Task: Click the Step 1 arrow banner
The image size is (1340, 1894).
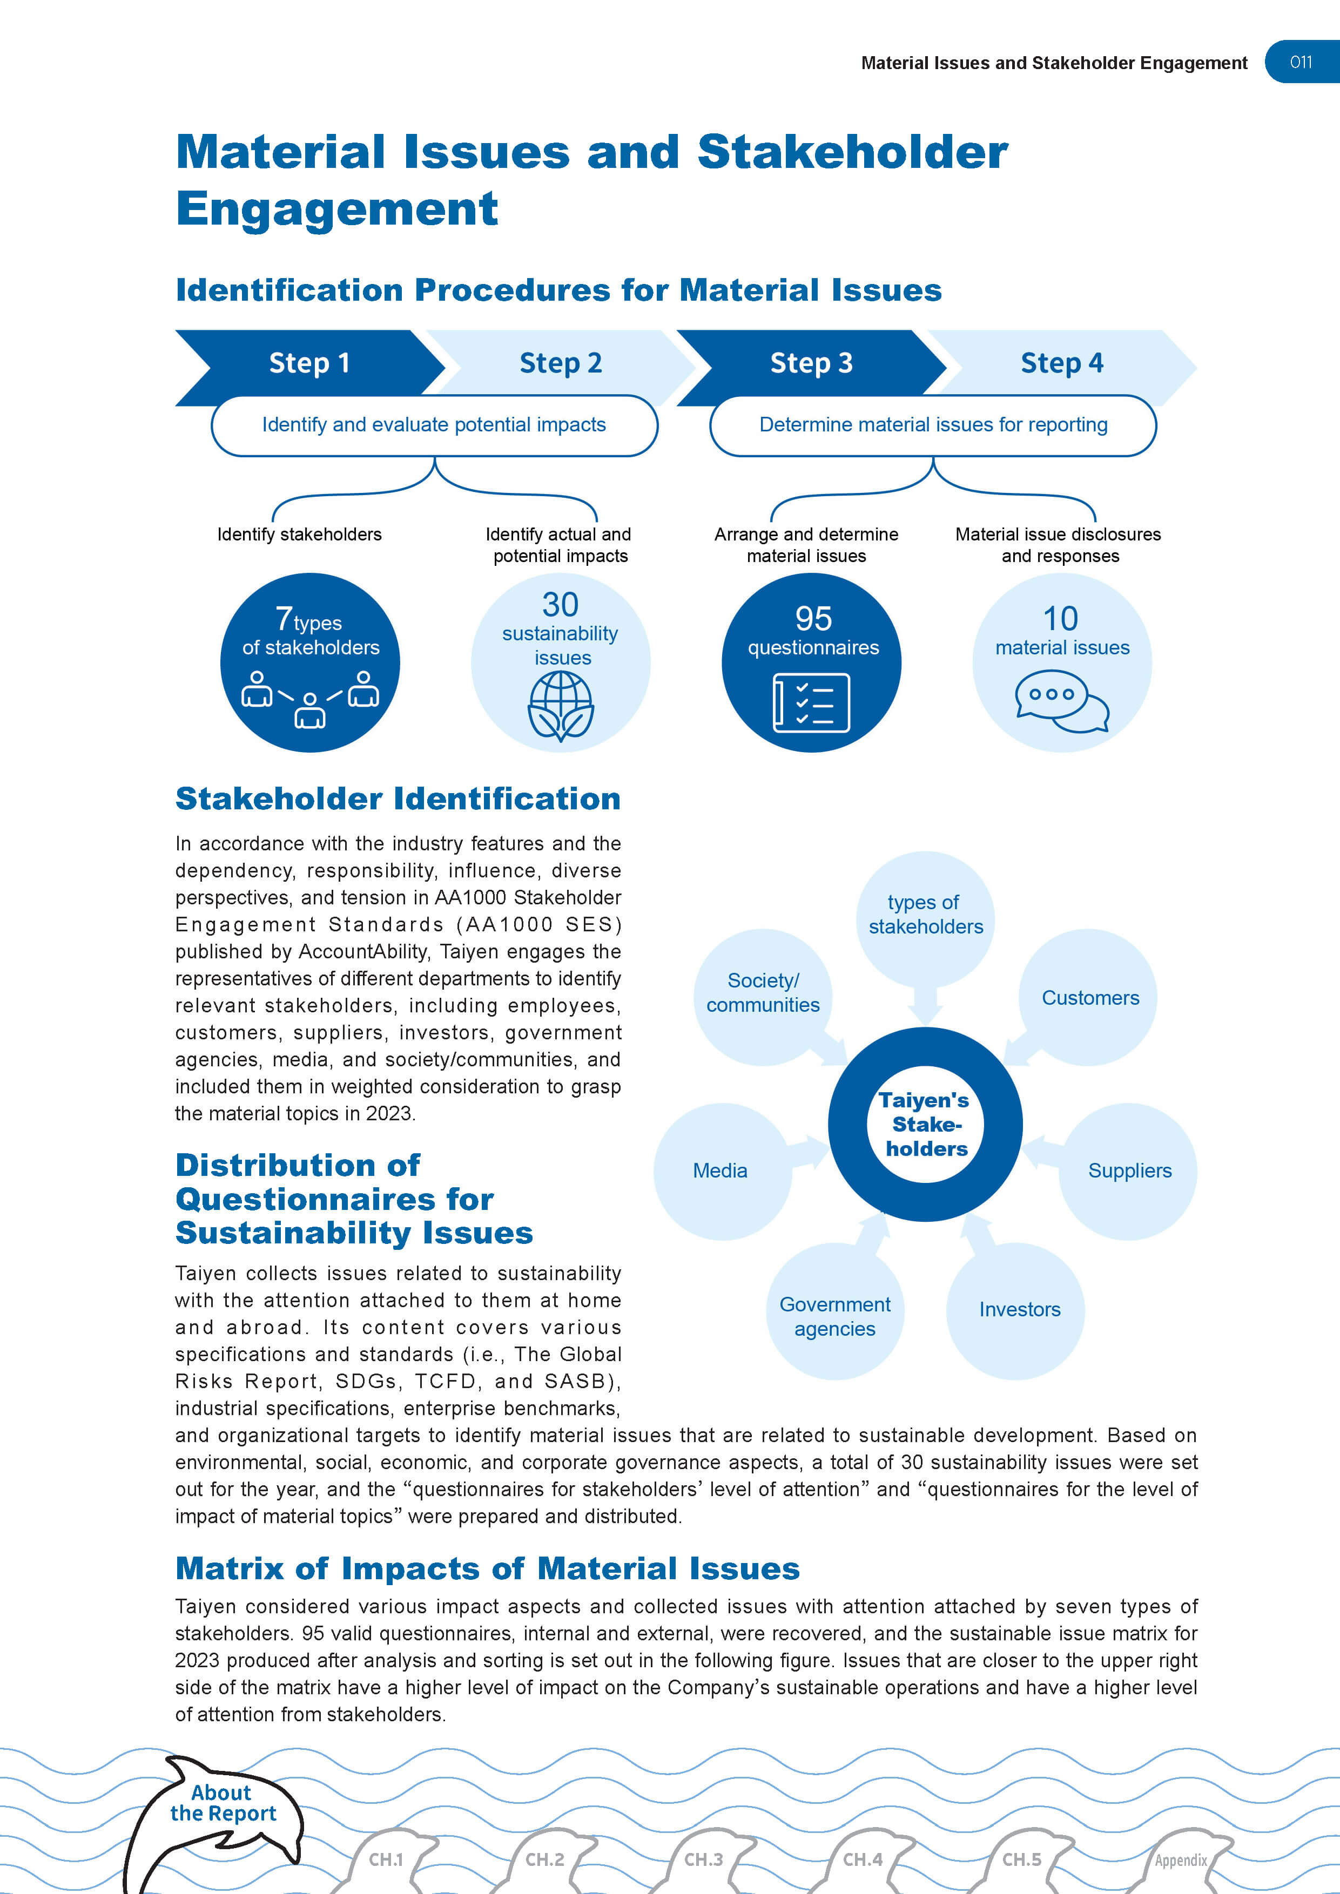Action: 309,363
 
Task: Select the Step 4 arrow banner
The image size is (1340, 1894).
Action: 1061,363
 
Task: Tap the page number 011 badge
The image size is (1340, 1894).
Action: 1301,62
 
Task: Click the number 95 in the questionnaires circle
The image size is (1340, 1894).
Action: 813,619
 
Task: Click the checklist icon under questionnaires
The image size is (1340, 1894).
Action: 811,703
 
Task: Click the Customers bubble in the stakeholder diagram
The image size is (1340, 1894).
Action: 1089,998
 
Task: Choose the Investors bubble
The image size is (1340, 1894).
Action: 1019,1309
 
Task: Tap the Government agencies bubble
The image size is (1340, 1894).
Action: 834,1316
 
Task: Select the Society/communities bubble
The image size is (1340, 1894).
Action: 763,993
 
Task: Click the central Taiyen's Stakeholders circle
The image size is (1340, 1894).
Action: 925,1124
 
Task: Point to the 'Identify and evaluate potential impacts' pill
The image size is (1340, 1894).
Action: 434,425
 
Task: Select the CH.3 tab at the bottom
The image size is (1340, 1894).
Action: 703,1859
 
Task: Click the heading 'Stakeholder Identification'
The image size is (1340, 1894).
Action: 398,799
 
